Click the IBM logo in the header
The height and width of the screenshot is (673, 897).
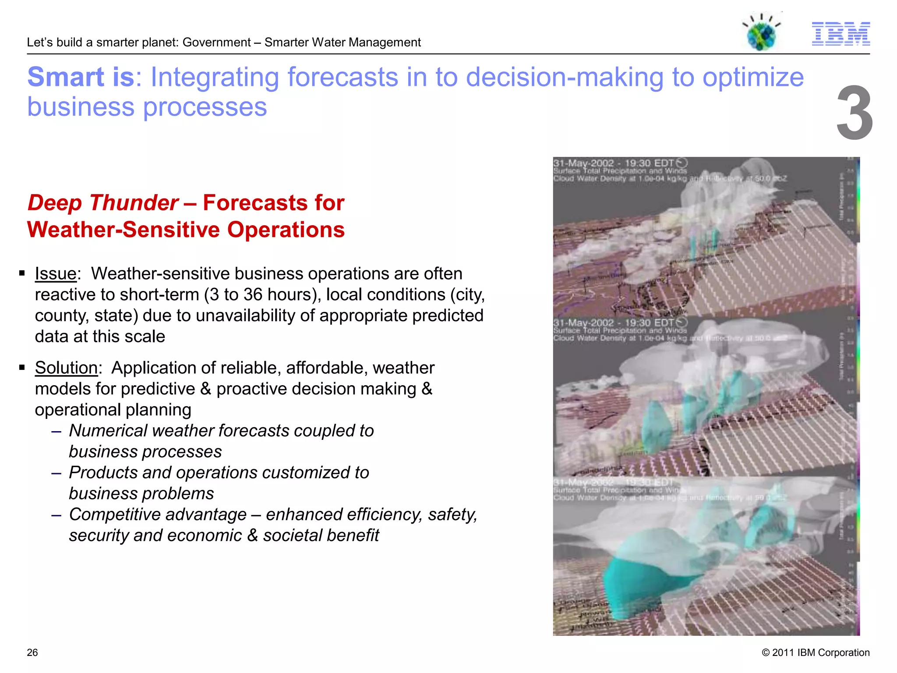(840, 34)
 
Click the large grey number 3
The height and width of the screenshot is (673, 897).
(854, 113)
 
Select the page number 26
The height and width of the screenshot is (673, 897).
(32, 652)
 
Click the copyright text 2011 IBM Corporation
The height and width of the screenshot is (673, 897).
(816, 652)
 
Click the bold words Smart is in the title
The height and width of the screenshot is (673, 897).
(81, 77)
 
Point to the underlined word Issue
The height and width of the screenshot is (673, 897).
(56, 273)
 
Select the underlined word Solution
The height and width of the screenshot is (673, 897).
(66, 368)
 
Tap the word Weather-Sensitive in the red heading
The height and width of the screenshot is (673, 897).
(123, 230)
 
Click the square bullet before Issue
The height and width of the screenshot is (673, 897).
(22, 273)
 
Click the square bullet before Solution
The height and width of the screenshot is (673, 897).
(22, 368)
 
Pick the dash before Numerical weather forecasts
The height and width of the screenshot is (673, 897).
(56, 431)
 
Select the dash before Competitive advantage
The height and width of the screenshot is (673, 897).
(56, 515)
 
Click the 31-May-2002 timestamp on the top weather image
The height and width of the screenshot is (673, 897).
(583, 163)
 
